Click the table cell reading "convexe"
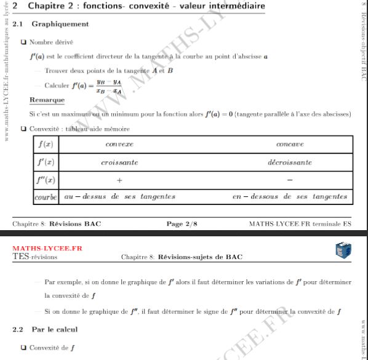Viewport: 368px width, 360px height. click(119, 144)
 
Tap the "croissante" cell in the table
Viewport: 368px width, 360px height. click(119, 162)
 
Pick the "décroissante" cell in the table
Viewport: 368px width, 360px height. click(290, 162)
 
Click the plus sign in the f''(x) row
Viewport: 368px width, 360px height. click(119, 180)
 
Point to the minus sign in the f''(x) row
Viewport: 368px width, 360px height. click(290, 180)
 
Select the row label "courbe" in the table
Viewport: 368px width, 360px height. click(46, 197)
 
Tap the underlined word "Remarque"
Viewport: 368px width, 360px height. click(47, 100)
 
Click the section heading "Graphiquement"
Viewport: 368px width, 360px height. click(60, 24)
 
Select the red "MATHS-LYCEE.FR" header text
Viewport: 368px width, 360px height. click(47, 249)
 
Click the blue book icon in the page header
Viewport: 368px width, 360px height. click(343, 250)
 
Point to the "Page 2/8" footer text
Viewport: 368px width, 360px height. click(182, 223)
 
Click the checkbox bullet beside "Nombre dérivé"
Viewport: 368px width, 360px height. click(23, 42)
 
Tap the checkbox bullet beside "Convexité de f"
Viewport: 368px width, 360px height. click(23, 348)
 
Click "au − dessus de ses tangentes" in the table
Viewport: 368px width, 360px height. click(120, 197)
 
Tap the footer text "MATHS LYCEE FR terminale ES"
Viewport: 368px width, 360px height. click(300, 223)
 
